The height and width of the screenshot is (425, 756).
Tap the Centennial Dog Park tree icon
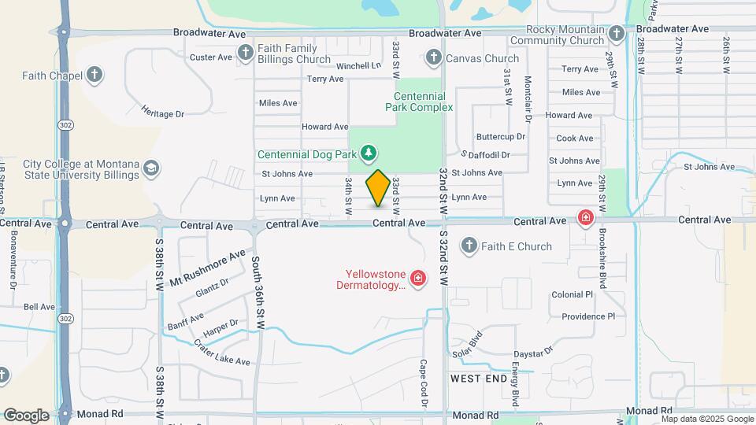pyautogui.click(x=369, y=152)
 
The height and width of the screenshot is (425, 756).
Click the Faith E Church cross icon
pyautogui.click(x=469, y=246)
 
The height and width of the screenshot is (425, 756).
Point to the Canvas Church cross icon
pyautogui.click(x=432, y=57)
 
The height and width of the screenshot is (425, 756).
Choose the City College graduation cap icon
pyautogui.click(x=150, y=168)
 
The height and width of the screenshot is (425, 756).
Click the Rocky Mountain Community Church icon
pyautogui.click(x=617, y=34)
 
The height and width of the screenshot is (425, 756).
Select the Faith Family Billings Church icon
pyautogui.click(x=246, y=53)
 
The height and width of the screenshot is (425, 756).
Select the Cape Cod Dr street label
pyautogui.click(x=424, y=383)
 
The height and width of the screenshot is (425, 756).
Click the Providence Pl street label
pyautogui.click(x=587, y=316)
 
